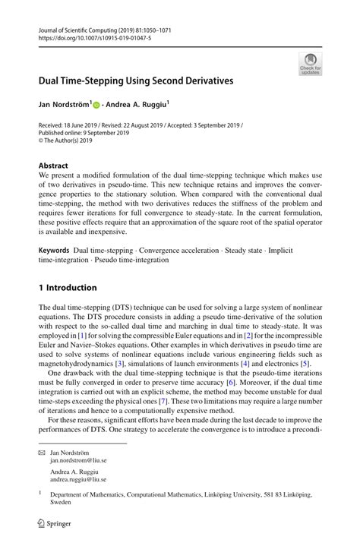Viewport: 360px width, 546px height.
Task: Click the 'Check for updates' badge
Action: click(x=310, y=64)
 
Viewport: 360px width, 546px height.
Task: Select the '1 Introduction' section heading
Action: click(x=68, y=288)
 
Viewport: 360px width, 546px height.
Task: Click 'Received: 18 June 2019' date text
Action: click(x=69, y=125)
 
